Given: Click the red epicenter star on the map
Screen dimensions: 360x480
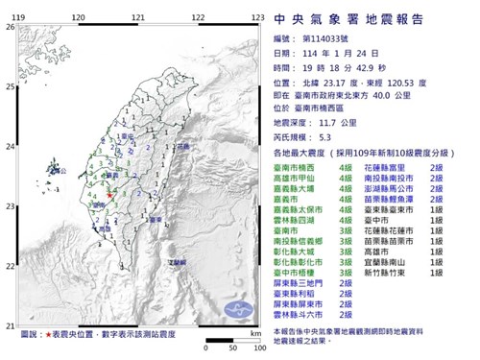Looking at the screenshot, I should point(110,196).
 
